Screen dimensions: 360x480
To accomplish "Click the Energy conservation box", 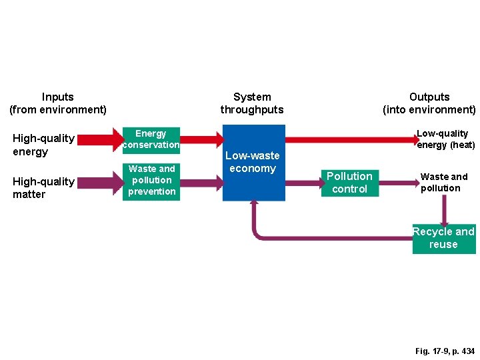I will click(151, 139).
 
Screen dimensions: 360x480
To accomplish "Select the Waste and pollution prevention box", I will click(152, 181).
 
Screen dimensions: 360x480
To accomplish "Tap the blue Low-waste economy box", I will click(253, 163).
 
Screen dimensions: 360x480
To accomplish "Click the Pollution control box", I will click(349, 183).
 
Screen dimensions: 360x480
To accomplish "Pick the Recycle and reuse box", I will click(444, 239).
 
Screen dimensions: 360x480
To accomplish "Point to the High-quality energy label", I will click(43, 145).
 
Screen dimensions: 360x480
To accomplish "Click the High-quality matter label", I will click(43, 188).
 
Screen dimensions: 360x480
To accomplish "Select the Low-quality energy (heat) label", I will click(445, 139).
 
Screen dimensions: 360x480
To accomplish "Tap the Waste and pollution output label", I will click(443, 182).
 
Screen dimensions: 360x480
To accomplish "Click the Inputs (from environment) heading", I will click(58, 103).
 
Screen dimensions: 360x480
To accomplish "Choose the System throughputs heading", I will click(252, 103).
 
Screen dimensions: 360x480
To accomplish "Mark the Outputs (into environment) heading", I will click(429, 103).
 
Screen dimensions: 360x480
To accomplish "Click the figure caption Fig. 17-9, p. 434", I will click(445, 351).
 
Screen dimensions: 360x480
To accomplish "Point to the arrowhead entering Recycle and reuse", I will click(444, 220).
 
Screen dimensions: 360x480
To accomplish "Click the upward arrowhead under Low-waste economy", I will click(254, 205).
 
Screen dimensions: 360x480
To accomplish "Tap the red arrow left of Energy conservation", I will click(100, 139).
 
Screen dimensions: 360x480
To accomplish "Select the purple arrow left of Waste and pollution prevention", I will click(100, 181).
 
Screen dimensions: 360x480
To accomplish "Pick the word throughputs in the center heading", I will click(252, 110).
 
